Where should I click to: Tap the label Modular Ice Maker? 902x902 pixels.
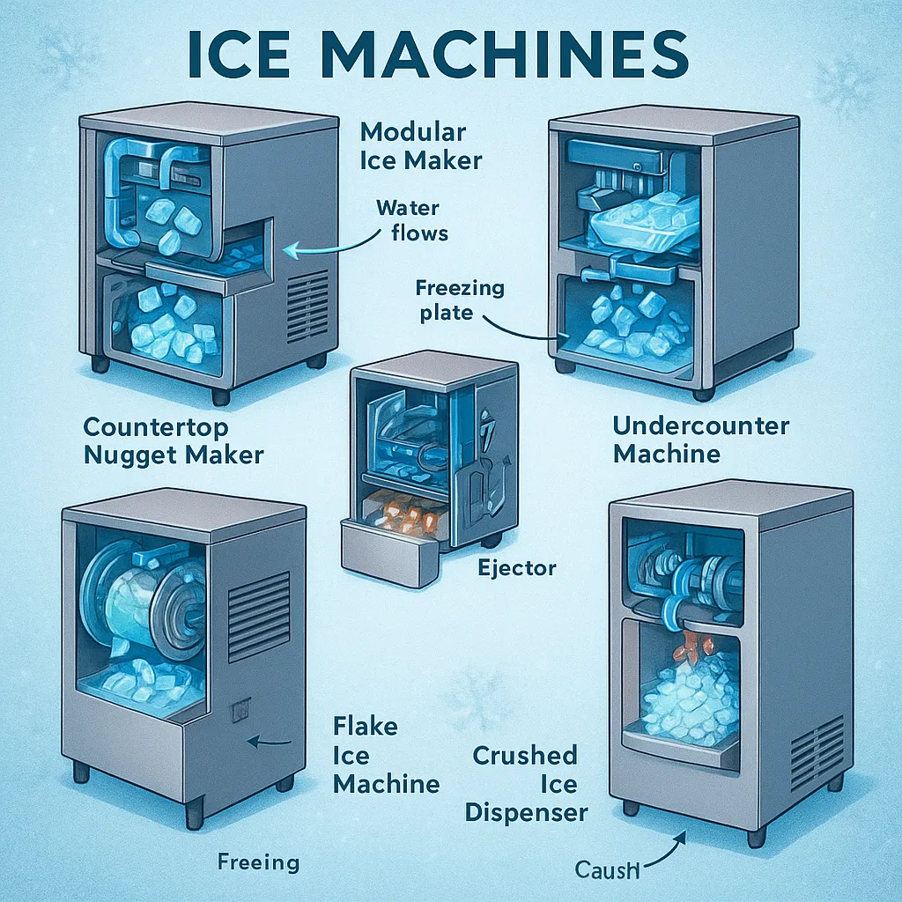click(421, 147)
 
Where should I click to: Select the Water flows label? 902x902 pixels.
click(412, 220)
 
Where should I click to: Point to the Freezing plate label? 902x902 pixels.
click(460, 299)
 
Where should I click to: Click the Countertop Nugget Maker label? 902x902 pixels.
click(174, 441)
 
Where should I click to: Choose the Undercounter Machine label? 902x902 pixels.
click(700, 440)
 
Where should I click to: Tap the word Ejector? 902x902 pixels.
click(517, 568)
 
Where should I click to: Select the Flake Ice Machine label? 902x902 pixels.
click(386, 755)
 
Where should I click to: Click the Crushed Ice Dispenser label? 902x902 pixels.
click(526, 784)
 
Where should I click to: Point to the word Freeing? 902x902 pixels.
click(259, 862)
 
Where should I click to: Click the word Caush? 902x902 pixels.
click(607, 869)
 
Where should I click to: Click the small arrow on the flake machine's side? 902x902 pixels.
click(270, 742)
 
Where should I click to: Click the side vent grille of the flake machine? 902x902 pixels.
click(259, 616)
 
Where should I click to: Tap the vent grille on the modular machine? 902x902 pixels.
click(307, 307)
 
